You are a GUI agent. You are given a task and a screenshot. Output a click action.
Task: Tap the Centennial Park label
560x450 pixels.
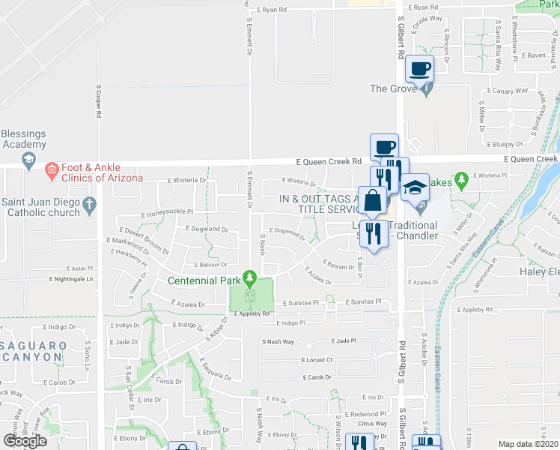(204, 281)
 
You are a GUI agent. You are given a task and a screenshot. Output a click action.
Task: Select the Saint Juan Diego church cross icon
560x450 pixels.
(88, 203)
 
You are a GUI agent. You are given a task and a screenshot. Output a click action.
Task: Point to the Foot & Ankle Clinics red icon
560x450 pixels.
(52, 171)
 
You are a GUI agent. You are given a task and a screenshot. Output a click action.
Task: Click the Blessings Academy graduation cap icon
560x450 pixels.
(28, 160)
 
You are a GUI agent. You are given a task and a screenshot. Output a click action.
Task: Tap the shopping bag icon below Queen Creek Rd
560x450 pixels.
(372, 200)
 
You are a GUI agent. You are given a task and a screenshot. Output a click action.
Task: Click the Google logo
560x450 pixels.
(25, 441)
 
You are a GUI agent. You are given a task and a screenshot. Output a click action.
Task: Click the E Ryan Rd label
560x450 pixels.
(273, 10)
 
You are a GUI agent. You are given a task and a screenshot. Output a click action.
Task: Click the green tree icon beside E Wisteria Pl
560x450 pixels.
(462, 179)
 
